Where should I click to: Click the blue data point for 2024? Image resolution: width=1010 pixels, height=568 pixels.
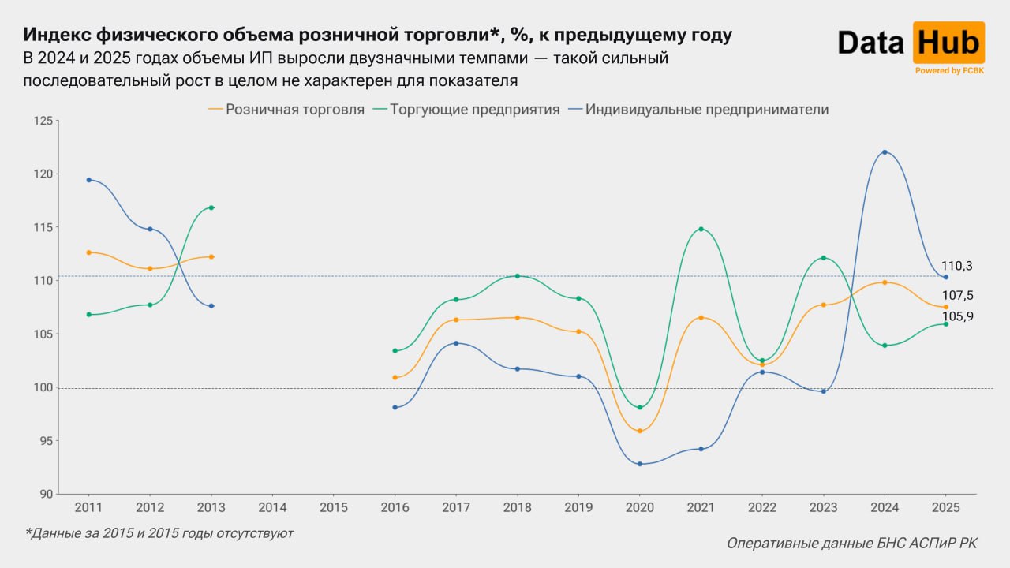[x=885, y=151]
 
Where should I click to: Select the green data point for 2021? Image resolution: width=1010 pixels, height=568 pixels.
[x=701, y=229]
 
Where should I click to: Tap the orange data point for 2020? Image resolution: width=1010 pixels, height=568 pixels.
[x=639, y=431]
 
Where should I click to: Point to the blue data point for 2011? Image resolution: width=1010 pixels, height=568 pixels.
[x=88, y=180]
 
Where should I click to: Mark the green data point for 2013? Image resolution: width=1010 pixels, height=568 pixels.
[x=211, y=207]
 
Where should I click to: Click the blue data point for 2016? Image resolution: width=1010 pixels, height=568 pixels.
[x=395, y=407]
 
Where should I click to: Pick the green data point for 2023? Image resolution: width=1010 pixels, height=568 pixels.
[x=823, y=258]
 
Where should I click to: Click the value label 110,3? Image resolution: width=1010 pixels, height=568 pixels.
[x=956, y=266]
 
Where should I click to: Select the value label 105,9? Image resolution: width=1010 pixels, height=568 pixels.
[x=958, y=316]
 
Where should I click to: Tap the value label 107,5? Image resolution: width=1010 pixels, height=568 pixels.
[x=958, y=295]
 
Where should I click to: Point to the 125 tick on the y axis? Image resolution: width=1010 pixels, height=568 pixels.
[x=43, y=121]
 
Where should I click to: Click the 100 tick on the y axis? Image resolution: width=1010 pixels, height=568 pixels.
[x=43, y=387]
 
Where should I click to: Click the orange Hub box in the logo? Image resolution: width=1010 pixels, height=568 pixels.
[x=948, y=43]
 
